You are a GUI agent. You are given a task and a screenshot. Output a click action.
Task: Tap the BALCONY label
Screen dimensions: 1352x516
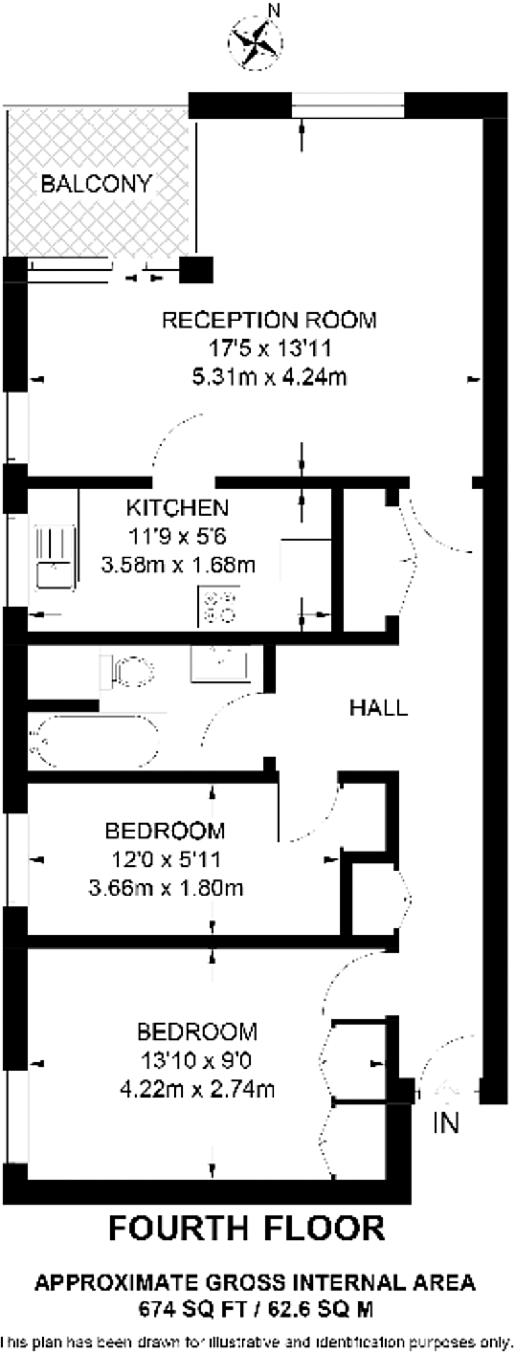click(96, 184)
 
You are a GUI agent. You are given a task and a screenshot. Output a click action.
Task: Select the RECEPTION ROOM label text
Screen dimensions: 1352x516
click(269, 320)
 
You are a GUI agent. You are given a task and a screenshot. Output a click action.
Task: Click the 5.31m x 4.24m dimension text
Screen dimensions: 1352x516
click(269, 378)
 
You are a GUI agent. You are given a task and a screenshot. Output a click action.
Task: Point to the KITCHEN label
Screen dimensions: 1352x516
click(177, 508)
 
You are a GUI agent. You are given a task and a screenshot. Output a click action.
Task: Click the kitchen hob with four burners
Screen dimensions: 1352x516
click(218, 607)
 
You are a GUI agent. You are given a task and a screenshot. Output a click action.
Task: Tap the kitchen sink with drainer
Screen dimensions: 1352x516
click(55, 557)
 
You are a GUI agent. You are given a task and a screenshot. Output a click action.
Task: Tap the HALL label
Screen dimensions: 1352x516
click(378, 708)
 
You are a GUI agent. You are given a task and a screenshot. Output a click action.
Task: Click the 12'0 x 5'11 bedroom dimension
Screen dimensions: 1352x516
click(166, 859)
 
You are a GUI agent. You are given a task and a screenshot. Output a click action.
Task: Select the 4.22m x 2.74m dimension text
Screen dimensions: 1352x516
click(197, 1089)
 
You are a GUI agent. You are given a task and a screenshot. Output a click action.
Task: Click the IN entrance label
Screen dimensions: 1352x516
click(446, 1122)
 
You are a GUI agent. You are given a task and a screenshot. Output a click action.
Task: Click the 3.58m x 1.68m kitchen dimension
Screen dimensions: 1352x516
click(177, 565)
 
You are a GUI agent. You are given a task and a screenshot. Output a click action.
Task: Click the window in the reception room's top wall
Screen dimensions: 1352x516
click(348, 105)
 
